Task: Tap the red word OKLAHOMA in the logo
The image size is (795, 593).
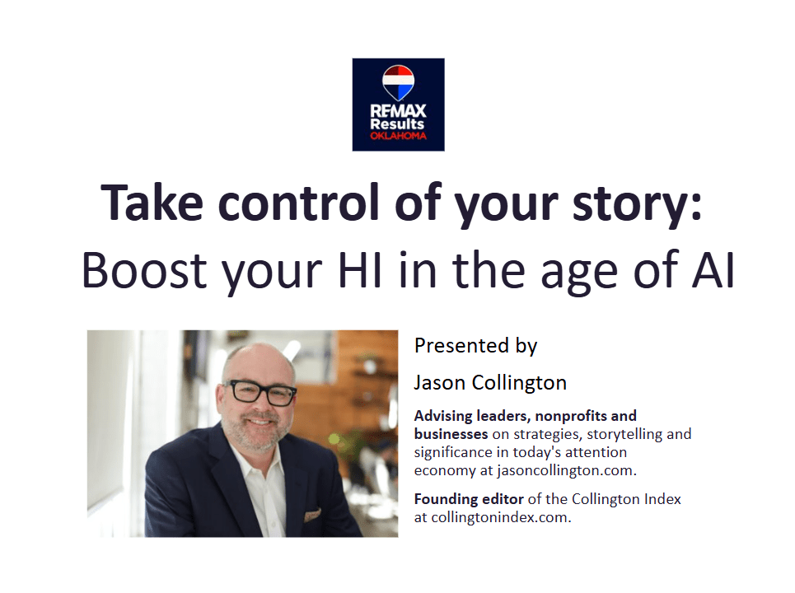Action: point(399,136)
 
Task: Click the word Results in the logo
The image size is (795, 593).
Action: point(397,124)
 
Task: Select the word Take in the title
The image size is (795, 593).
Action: point(152,203)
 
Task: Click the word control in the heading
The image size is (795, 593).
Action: point(299,203)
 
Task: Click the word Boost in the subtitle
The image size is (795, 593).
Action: point(144,270)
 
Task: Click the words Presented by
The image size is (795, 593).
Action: point(475,346)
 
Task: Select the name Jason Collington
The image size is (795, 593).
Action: point(490,383)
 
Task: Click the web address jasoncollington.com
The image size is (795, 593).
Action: point(565,471)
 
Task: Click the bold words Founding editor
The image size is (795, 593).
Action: point(469,500)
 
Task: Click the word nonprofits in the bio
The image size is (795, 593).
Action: point(571,416)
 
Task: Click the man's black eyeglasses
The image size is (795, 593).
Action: point(260,392)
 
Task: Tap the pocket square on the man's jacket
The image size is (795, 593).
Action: point(312,515)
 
